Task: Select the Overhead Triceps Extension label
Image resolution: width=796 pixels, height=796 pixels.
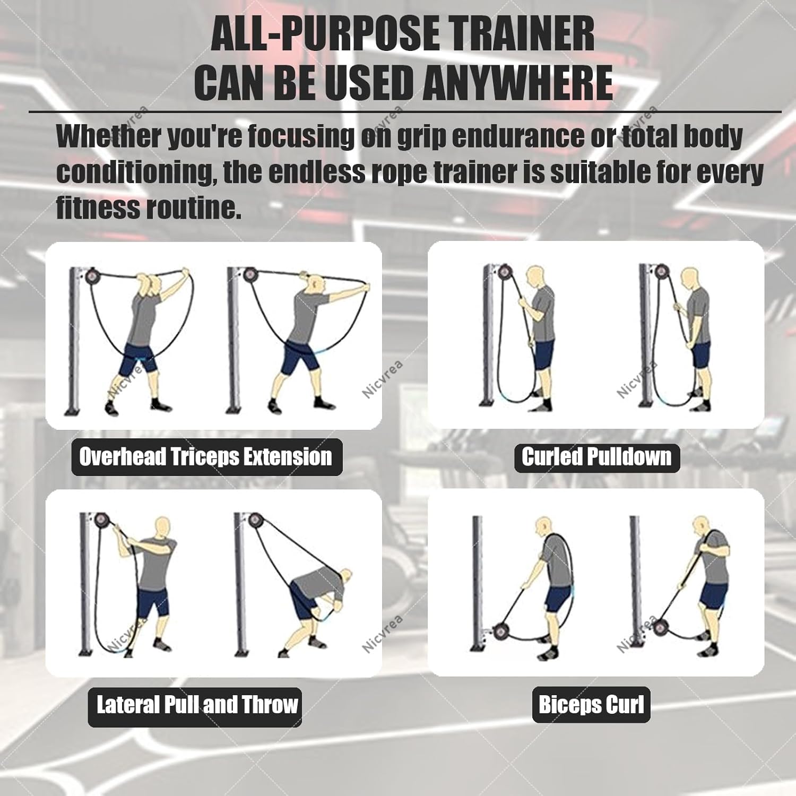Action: pyautogui.click(x=206, y=457)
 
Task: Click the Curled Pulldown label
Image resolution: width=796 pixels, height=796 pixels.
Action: pyautogui.click(x=596, y=457)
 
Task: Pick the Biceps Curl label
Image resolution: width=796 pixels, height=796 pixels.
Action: pyautogui.click(x=591, y=705)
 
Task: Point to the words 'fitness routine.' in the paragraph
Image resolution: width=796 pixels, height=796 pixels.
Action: pyautogui.click(x=149, y=207)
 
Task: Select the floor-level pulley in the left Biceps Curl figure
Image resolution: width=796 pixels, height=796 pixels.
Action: pyautogui.click(x=500, y=631)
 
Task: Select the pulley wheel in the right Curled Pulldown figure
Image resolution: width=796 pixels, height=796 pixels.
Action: pyautogui.click(x=661, y=272)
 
